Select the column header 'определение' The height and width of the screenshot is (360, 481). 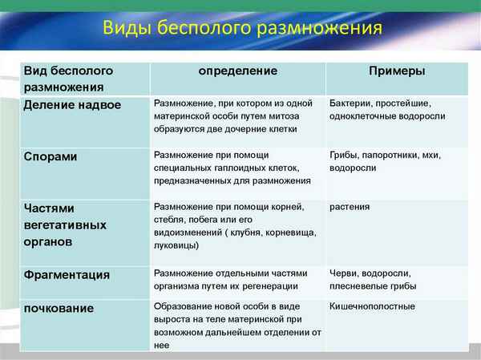pyautogui.click(x=238, y=71)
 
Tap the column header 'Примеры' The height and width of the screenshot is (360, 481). pyautogui.click(x=396, y=71)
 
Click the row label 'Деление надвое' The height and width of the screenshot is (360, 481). pyautogui.click(x=72, y=104)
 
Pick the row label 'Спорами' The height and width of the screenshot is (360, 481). pyautogui.click(x=50, y=156)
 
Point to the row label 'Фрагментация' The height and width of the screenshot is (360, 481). pyautogui.click(x=67, y=274)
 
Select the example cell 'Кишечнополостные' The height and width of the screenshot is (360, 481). pyautogui.click(x=372, y=306)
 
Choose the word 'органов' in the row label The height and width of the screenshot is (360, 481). pyautogui.click(x=48, y=240)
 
